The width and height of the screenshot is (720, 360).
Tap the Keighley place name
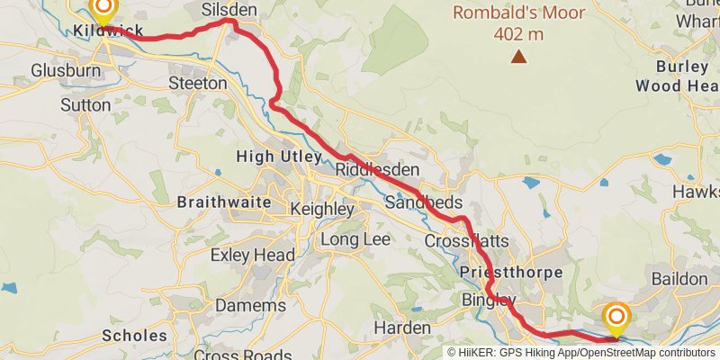(x=322, y=209)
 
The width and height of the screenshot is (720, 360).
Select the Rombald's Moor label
(x=518, y=13)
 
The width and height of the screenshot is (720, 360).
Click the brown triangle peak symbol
(x=518, y=57)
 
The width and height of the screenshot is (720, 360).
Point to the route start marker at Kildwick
(x=103, y=11)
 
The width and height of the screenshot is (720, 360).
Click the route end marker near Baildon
(x=616, y=318)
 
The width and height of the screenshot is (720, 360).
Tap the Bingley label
(x=488, y=300)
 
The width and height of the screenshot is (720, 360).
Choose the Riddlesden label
(x=365, y=170)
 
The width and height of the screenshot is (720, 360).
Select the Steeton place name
(x=198, y=83)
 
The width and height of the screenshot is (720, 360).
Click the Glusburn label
(x=65, y=70)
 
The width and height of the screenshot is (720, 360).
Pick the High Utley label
(x=278, y=157)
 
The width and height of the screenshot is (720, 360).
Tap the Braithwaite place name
(x=224, y=202)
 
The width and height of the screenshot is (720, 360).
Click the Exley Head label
(x=252, y=256)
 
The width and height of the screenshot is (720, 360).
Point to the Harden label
(x=401, y=328)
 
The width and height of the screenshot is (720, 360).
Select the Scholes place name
(x=134, y=336)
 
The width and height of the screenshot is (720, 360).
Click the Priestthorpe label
(x=510, y=272)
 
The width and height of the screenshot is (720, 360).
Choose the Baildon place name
(x=679, y=279)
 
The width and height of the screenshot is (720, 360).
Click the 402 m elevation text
(x=518, y=34)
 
